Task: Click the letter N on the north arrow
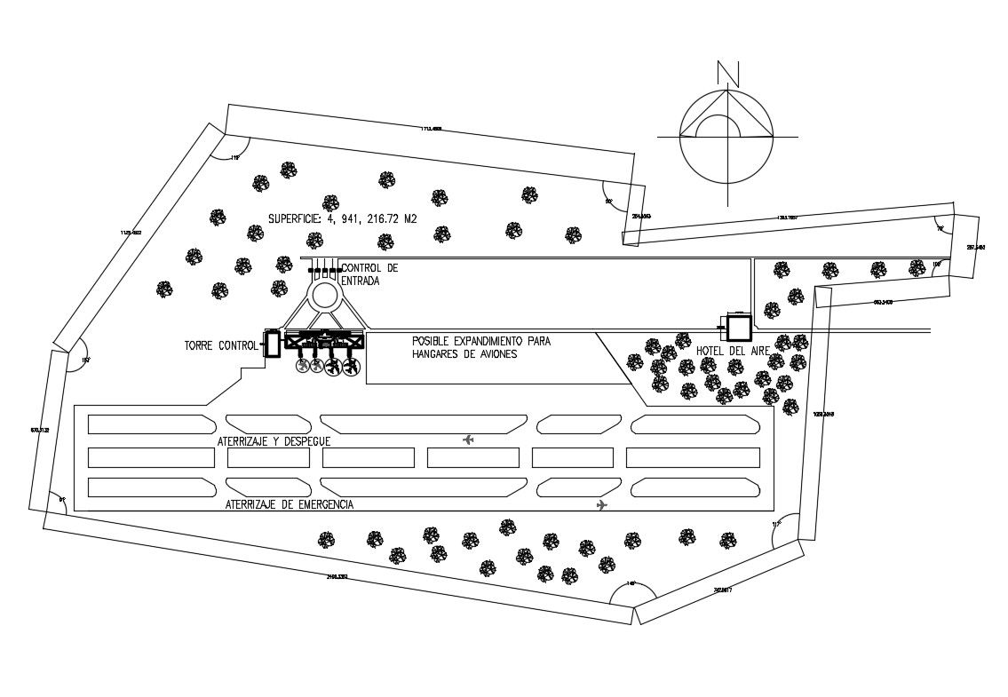point(728,72)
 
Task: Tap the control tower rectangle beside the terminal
point(272,344)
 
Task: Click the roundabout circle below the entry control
point(325,294)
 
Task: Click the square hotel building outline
point(738,328)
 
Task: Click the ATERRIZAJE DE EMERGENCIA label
point(290,504)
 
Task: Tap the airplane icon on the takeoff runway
point(469,440)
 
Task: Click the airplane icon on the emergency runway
point(602,505)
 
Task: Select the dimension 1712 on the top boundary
point(431,129)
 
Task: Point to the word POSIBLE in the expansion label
point(433,341)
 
